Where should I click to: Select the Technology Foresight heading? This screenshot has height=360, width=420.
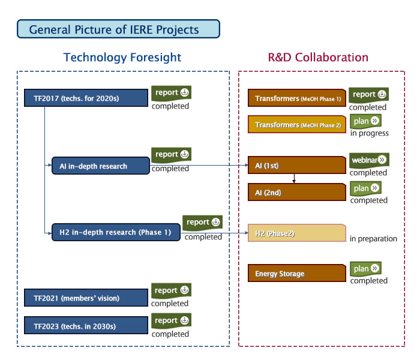coord(122,58)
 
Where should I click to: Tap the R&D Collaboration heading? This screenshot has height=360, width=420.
coord(318,58)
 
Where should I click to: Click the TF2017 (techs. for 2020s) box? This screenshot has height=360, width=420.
coord(86,98)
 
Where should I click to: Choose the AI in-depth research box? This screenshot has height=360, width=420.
coord(101,166)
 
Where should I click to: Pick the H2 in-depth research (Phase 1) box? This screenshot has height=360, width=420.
coord(116,232)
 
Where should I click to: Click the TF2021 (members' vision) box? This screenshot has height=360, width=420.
coord(86,298)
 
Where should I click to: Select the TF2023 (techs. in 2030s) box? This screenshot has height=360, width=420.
coord(86,326)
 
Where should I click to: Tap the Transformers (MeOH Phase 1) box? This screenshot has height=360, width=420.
coord(297,98)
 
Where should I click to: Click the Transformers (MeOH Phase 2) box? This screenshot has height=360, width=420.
coord(297,125)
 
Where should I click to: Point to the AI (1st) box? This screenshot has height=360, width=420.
coord(297,165)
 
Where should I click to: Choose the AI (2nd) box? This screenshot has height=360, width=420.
coord(297,192)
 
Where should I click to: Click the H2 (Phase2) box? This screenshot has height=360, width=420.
coord(297,233)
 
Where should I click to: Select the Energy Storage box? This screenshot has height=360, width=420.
coord(297,273)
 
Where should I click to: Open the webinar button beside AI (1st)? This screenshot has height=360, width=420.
coord(370,160)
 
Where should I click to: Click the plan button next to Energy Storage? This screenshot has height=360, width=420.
coord(366,269)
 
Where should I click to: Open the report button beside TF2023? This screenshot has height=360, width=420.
coord(171,320)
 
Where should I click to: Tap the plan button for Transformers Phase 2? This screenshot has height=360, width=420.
coord(366,121)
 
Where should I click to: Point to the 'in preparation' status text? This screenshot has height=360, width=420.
coord(373,239)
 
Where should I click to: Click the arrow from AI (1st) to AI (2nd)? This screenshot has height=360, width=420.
coord(294,179)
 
